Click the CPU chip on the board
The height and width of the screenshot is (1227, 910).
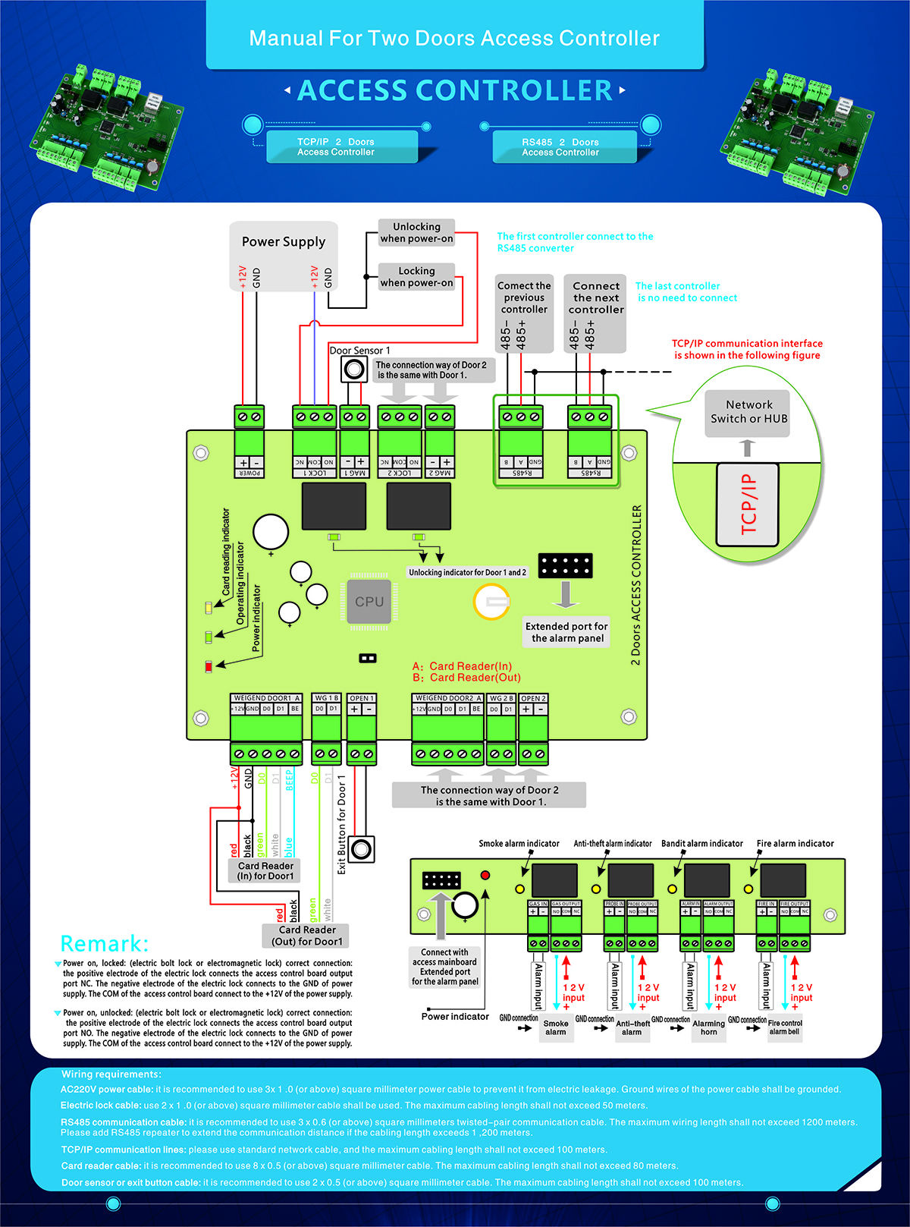pos(369,602)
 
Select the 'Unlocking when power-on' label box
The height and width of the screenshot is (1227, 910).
pos(416,232)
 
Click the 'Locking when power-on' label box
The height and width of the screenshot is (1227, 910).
pos(416,276)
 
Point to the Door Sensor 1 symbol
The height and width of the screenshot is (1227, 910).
pos(353,370)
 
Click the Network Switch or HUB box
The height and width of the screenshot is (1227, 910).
pos(748,412)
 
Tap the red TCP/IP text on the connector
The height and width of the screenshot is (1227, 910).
pos(748,504)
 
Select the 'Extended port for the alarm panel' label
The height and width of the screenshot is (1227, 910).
pos(566,632)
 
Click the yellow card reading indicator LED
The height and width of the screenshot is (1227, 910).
pos(209,608)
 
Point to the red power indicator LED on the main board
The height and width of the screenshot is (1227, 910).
pos(209,666)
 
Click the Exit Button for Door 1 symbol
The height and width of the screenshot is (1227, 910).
pos(362,848)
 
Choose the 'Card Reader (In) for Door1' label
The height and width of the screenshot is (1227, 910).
pos(265,870)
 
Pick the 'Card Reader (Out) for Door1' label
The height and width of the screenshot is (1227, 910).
pos(306,935)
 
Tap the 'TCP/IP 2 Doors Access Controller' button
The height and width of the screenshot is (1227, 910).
pos(336,146)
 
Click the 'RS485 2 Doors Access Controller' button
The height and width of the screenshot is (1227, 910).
pos(560,146)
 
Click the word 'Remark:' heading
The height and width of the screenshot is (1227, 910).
pos(105,943)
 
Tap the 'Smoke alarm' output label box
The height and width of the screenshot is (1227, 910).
pos(555,1027)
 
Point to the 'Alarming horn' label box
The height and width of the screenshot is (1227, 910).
pos(708,1027)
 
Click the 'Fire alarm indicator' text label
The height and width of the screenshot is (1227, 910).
pos(795,843)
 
